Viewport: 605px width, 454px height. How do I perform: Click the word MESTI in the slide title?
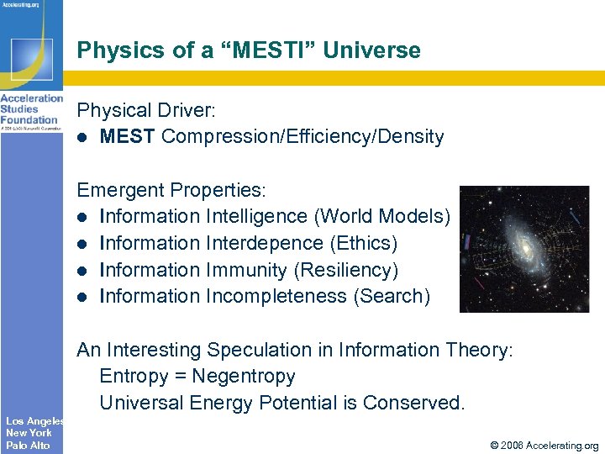[273, 50]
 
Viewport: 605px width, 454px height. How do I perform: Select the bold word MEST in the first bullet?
[128, 136]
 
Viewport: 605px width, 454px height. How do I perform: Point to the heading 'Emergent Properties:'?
[166, 190]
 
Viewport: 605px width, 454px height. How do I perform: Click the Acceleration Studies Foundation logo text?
[30, 109]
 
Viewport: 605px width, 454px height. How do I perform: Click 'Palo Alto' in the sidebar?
[28, 445]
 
